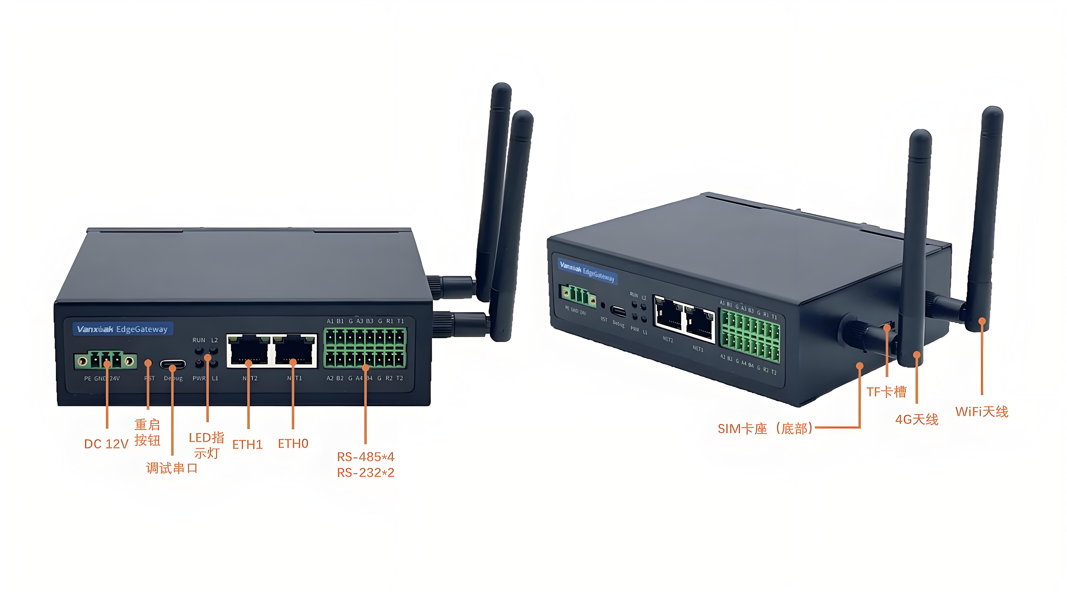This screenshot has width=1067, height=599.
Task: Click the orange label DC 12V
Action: click(x=106, y=444)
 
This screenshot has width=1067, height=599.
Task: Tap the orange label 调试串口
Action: click(x=171, y=469)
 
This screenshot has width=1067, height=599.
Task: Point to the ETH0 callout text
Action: click(x=293, y=444)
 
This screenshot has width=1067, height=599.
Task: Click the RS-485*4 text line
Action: click(x=365, y=457)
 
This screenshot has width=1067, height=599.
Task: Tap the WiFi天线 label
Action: click(x=982, y=412)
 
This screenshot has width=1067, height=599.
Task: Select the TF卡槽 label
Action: click(x=886, y=392)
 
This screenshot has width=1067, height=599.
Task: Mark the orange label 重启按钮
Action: click(x=147, y=432)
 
